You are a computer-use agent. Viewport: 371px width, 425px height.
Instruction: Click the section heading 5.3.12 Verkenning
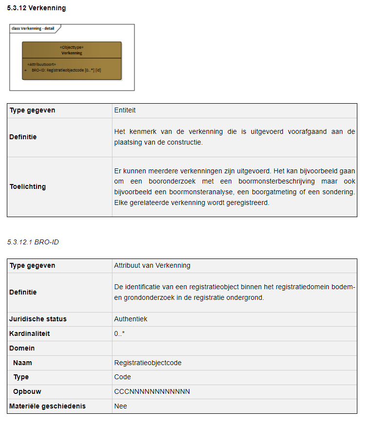coord(36,8)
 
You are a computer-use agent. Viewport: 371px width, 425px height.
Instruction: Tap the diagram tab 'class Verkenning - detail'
coord(33,29)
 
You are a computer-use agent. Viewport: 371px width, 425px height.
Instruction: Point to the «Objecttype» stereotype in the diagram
coord(72,47)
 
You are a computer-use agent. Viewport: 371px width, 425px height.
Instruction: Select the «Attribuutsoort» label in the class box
coord(41,64)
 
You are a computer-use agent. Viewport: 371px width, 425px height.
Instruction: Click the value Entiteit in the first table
coord(125,111)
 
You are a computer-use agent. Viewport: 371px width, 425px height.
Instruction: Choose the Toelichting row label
coord(28,186)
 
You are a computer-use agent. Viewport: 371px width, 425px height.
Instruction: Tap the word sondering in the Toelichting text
coord(336,192)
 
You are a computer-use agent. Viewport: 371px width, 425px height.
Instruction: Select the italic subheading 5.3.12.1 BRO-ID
coord(33,242)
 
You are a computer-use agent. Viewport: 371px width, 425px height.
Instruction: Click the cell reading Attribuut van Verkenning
coord(152,266)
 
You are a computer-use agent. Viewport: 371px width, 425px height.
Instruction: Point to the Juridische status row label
coord(38,319)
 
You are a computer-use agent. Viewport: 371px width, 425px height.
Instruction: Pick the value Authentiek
coord(130,319)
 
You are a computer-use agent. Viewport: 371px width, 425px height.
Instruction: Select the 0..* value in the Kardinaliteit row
coord(119,334)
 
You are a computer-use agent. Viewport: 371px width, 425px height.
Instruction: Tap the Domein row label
coord(22,349)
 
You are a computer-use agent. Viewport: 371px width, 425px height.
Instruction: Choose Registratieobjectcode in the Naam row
coord(148,363)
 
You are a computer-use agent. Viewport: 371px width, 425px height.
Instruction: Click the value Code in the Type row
coord(122,377)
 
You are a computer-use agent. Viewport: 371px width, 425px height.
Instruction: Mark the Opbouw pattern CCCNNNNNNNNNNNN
coord(152,392)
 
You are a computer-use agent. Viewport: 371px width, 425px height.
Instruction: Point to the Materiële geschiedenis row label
coord(47,406)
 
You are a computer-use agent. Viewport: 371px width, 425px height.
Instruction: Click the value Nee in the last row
coord(120,406)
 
